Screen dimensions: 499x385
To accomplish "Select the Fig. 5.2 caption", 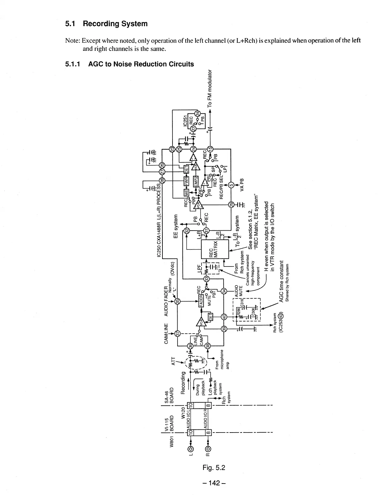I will [214, 467].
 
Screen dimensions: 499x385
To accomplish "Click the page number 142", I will [214, 483].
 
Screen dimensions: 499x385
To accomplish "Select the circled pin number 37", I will [177, 333].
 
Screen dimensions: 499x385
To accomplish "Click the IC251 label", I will [185, 121].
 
